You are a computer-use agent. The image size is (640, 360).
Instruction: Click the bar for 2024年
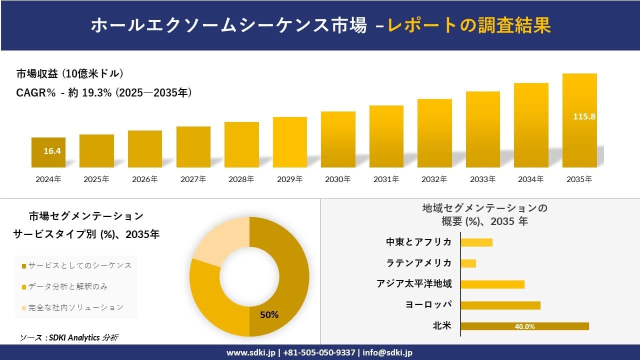tap(48, 152)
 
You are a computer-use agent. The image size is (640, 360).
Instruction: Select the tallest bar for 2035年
tap(579, 120)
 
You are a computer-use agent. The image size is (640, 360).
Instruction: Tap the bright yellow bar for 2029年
tap(290, 142)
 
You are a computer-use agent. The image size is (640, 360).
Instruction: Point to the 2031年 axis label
tap(386, 179)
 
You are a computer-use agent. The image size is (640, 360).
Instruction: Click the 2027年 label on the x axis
tap(193, 179)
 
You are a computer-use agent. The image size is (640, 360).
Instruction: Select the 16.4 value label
tap(52, 151)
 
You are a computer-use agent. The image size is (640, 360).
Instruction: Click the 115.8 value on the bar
tap(584, 116)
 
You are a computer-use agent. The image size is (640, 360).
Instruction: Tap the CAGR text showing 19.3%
tap(103, 93)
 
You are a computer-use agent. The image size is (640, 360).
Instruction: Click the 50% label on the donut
tap(269, 314)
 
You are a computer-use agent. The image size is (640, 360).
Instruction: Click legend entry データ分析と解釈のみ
tap(68, 286)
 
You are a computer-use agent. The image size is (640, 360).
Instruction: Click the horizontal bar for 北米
tap(524, 326)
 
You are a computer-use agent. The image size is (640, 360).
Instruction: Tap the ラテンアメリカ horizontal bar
tap(468, 263)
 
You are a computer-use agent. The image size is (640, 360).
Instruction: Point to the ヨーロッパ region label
tap(428, 304)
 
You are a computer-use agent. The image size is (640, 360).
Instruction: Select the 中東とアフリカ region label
tap(418, 242)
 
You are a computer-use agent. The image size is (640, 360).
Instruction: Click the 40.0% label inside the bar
tap(524, 326)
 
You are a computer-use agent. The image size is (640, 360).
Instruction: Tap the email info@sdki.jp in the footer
tap(387, 352)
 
